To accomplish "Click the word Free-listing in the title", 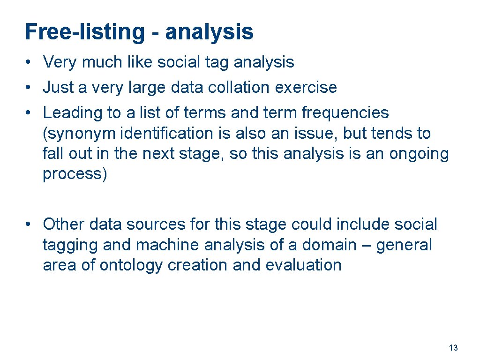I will [x=85, y=32].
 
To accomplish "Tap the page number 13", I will [x=453, y=348].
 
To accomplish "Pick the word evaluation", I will [x=303, y=265].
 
